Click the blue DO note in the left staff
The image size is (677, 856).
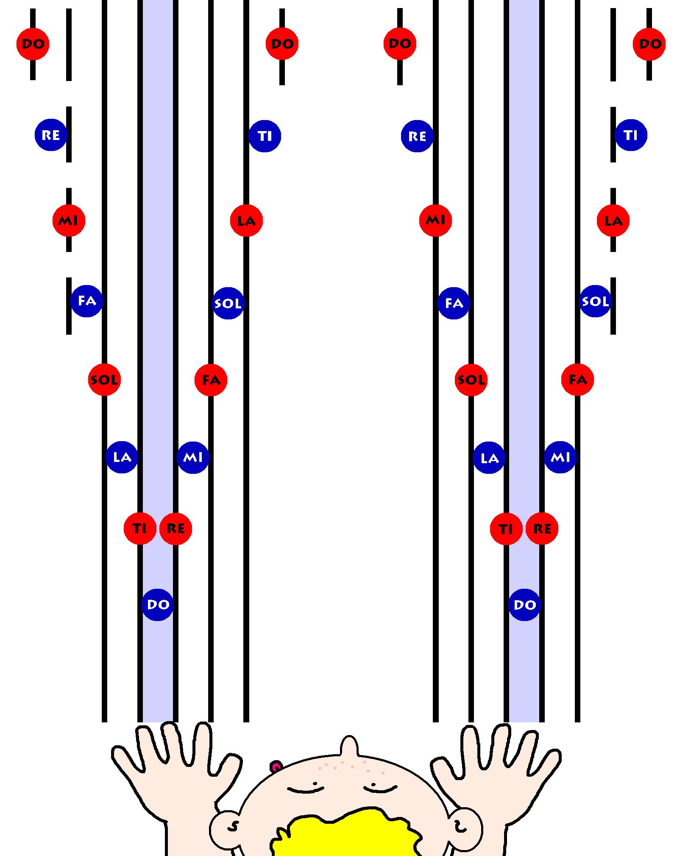157,604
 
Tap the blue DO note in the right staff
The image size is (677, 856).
524,604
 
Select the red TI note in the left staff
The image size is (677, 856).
139,529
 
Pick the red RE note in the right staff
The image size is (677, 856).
542,529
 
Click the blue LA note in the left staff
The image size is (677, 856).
122,457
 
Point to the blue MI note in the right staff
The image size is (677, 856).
560,457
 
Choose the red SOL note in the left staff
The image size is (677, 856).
104,380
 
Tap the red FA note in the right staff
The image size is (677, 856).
577,380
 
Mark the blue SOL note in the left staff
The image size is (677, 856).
228,303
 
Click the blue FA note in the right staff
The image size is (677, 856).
454,303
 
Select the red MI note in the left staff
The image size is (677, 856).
69,221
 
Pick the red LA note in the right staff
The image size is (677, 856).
613,221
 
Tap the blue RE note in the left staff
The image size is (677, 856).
51,135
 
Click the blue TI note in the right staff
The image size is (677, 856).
631,135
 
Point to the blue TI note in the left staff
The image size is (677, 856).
265,136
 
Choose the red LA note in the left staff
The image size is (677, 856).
246,221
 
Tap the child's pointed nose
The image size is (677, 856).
348,747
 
